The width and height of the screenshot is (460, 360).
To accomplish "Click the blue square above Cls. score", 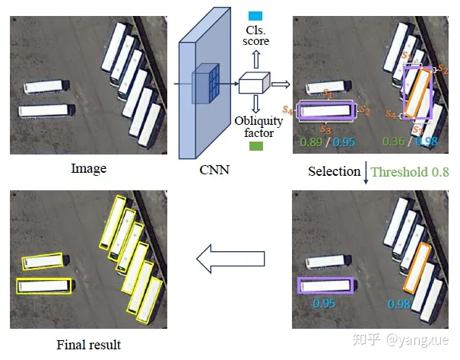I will (254, 15).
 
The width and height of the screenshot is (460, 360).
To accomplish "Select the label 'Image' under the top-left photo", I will (88, 168).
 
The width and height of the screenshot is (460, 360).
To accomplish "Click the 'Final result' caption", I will (89, 345).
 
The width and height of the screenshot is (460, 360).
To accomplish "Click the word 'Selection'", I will (334, 171).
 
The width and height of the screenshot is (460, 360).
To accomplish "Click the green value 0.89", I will (310, 141).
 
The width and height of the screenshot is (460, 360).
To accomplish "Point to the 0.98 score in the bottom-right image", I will (400, 304).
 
